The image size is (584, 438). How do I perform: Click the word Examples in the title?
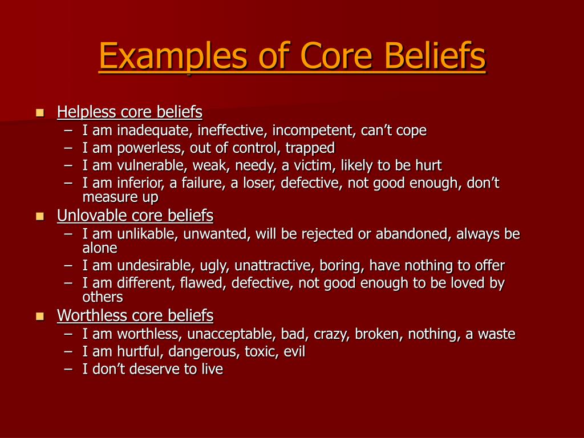click(173, 56)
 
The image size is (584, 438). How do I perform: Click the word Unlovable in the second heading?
click(92, 216)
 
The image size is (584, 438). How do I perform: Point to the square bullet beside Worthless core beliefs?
click(40, 316)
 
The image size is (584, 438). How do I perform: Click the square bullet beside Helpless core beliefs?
click(40, 112)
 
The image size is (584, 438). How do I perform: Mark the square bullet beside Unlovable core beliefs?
click(40, 216)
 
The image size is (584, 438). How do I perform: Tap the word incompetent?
click(314, 131)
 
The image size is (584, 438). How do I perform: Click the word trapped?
click(310, 148)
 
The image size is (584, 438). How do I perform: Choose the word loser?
click(258, 183)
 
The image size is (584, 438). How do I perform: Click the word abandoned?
click(413, 234)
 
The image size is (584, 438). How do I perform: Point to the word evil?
click(294, 351)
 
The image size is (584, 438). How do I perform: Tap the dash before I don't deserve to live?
click(68, 370)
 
